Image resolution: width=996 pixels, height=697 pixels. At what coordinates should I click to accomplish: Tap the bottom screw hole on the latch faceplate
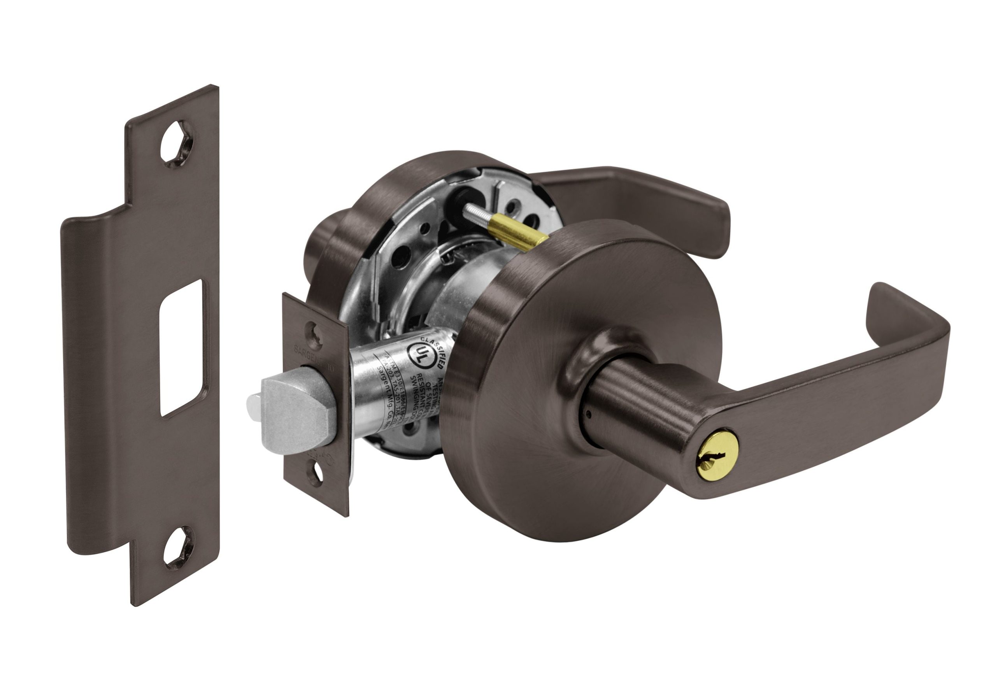coord(316,473)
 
